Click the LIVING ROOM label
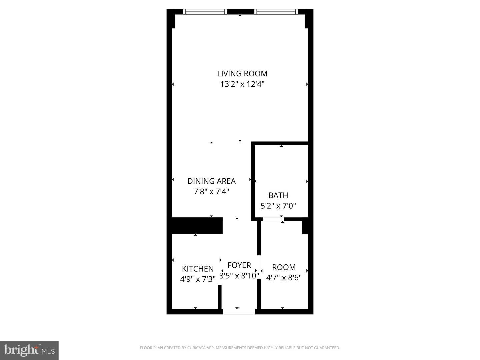242,74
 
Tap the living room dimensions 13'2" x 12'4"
242,84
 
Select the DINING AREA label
211,181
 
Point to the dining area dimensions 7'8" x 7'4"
211,192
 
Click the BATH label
278,195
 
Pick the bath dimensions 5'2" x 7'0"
278,206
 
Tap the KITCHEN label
198,269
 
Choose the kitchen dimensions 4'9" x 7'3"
198,279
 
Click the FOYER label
239,265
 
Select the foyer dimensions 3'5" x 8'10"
239,276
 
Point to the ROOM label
284,267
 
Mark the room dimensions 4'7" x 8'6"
284,278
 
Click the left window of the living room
205,12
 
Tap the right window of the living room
276,12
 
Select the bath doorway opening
273,219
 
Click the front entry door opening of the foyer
239,312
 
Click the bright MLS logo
29,350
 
